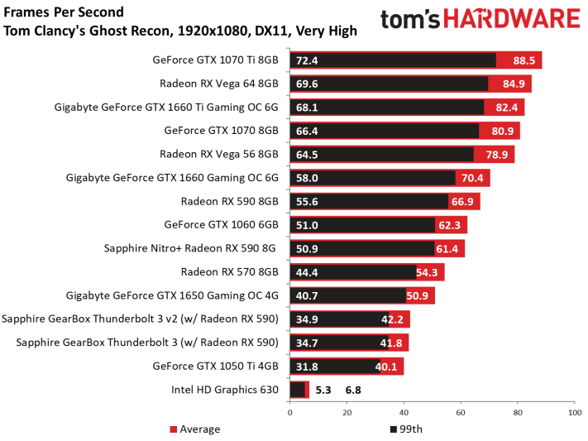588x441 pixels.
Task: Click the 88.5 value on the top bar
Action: [x=523, y=60]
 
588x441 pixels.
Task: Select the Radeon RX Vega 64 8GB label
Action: [x=219, y=84]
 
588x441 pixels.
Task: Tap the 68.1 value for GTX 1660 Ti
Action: [x=307, y=108]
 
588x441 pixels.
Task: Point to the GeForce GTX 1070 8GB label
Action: [x=222, y=131]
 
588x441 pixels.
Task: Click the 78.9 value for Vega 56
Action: [x=497, y=155]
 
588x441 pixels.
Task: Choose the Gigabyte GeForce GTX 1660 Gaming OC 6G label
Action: [x=172, y=178]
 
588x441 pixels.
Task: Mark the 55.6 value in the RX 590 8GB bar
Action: [x=307, y=202]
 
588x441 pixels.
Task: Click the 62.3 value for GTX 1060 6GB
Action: [x=449, y=225]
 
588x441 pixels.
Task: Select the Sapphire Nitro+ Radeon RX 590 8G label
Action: [x=189, y=248]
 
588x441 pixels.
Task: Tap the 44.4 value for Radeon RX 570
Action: [x=307, y=272]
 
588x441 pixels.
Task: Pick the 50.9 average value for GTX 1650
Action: [x=418, y=295]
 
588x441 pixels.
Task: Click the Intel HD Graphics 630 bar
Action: [x=299, y=390]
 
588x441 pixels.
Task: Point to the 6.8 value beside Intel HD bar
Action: [x=353, y=391]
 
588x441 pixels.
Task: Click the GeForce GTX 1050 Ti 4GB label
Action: [x=216, y=366]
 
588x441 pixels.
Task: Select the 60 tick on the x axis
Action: [x=461, y=413]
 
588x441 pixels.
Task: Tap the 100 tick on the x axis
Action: [x=575, y=413]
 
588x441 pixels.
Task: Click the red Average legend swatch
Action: [x=173, y=429]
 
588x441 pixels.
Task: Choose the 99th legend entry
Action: [x=407, y=429]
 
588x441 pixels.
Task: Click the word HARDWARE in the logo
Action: [x=512, y=19]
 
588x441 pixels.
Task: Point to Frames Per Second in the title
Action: [x=64, y=12]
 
